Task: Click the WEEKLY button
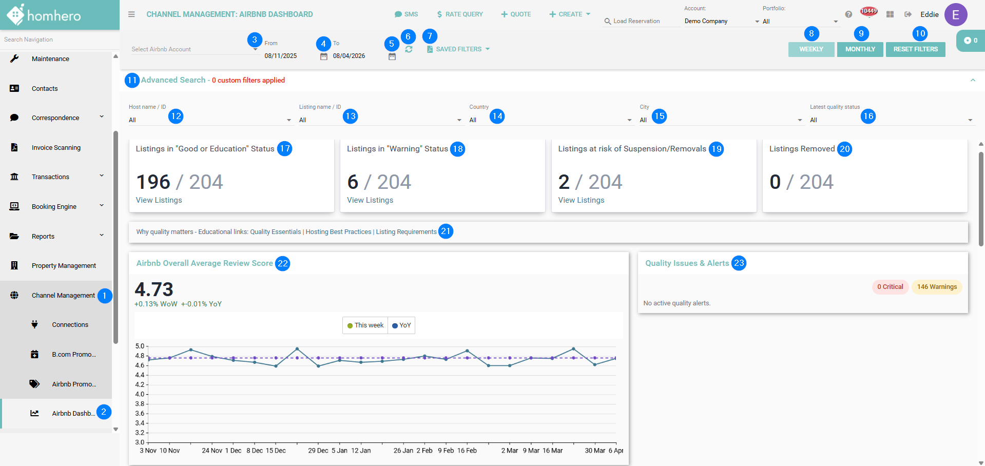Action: coord(811,49)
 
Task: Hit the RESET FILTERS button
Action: coord(915,49)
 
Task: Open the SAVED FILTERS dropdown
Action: coord(458,49)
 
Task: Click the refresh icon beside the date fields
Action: coord(409,49)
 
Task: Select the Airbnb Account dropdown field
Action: coord(194,49)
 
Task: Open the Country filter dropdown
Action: coord(550,120)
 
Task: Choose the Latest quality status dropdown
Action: coord(891,120)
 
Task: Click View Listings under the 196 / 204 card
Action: coord(159,200)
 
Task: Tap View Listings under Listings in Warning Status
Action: coord(370,200)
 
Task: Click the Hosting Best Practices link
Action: coord(338,232)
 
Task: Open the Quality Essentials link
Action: coord(276,232)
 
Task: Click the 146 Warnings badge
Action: coord(937,287)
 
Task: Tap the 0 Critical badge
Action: coord(890,287)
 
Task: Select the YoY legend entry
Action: coord(401,325)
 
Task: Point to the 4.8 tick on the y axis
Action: coord(140,356)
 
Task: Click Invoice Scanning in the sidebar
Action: coord(56,148)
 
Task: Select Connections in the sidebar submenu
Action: coord(70,325)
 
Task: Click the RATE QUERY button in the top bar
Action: coord(460,14)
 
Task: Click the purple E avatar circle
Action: coord(956,14)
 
